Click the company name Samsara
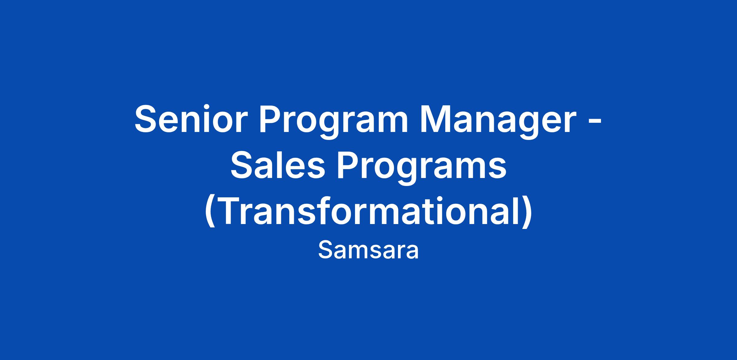[368, 250]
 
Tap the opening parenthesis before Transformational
[209, 212]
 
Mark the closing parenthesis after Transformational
[527, 212]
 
